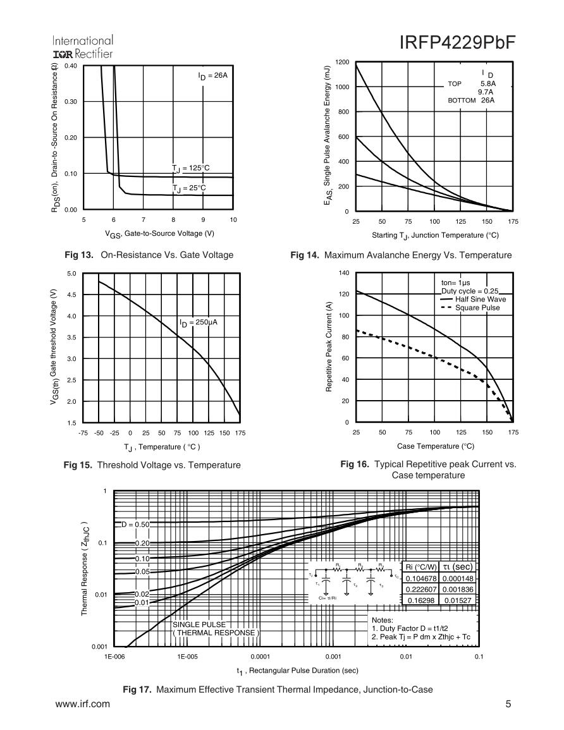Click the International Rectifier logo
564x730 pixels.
point(84,46)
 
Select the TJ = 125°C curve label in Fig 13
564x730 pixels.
point(190,167)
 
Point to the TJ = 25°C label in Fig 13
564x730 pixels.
point(189,188)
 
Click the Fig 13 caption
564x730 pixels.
point(149,255)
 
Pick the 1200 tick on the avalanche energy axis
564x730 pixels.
point(342,62)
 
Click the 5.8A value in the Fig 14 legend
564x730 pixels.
point(488,83)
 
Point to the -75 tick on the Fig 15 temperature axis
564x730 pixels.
point(83,433)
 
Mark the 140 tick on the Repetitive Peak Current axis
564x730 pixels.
point(343,272)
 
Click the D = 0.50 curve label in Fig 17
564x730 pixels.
point(135,525)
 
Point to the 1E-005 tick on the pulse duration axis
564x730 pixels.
point(188,657)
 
